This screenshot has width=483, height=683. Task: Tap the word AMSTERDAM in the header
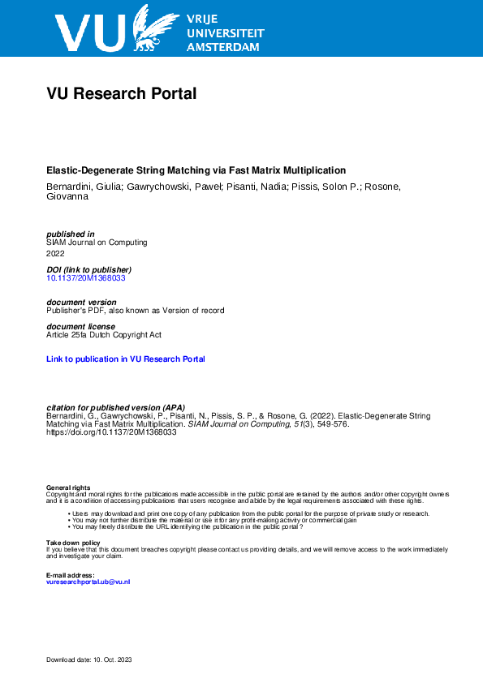[x=223, y=48]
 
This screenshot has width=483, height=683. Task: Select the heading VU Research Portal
[x=122, y=94]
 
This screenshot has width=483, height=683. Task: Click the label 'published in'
[x=71, y=234]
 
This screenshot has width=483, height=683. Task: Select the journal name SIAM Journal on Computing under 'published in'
[x=97, y=242]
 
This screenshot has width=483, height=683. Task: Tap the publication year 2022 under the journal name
[x=56, y=253]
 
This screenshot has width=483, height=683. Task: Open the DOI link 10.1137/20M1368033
[x=85, y=277]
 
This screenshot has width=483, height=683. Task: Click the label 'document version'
[x=81, y=302]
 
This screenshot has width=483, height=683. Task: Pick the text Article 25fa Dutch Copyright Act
[x=104, y=334]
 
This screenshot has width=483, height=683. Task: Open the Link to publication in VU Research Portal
[x=126, y=359]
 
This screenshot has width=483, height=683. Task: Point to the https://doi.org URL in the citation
[x=111, y=432]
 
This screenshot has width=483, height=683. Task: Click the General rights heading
[x=68, y=487]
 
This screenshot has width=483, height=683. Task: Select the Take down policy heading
[x=73, y=542]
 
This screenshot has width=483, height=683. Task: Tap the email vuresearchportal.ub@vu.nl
[x=88, y=582]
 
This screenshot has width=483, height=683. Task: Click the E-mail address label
[x=71, y=575]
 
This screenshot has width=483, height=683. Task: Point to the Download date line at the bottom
[x=88, y=659]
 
